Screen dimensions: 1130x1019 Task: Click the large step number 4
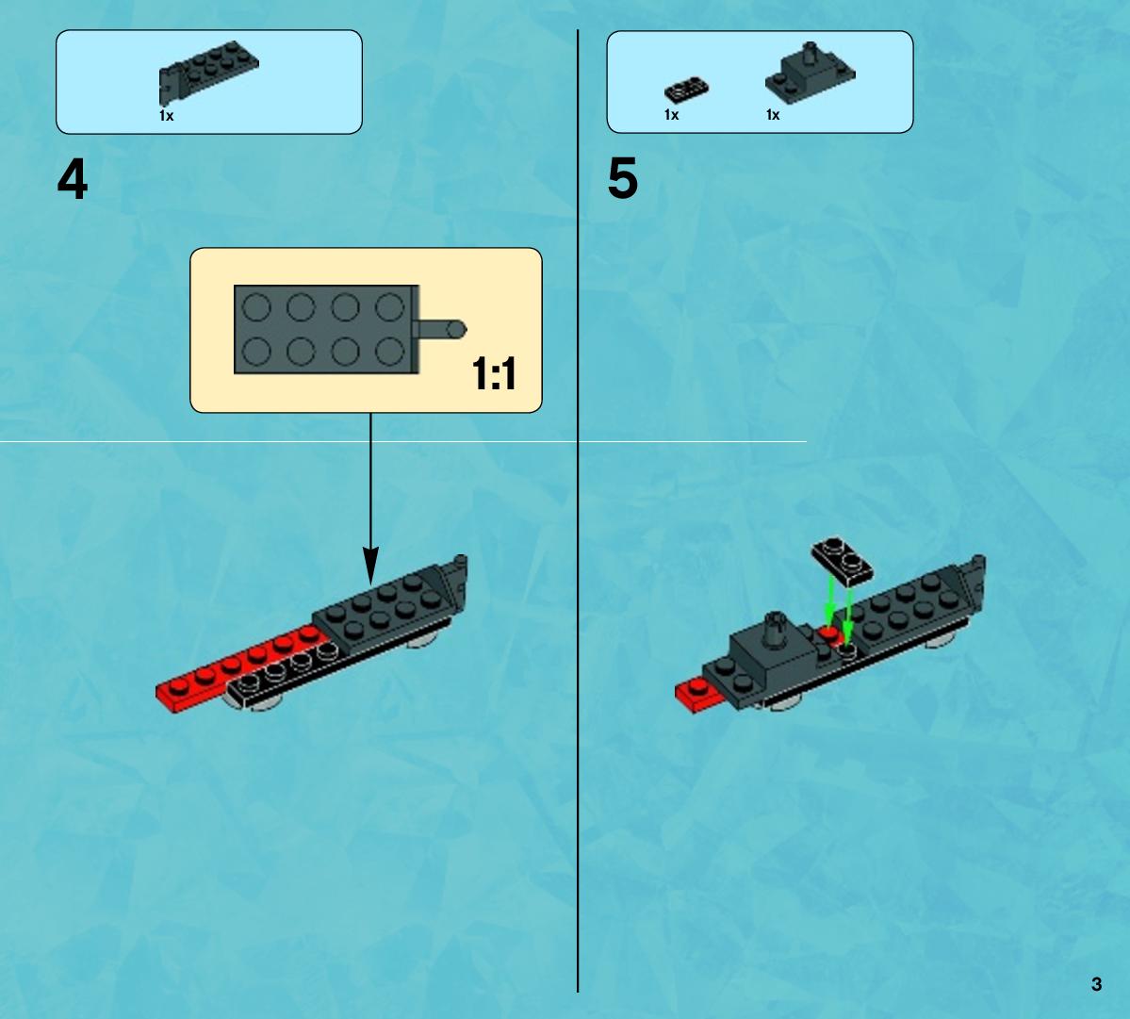coord(72,179)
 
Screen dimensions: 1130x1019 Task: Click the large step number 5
coord(623,179)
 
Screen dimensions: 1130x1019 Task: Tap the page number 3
coord(1096,984)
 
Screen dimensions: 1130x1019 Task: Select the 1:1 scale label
coord(495,373)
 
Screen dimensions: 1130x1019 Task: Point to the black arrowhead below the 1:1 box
coord(370,566)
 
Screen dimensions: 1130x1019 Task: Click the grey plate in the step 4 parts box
coord(207,71)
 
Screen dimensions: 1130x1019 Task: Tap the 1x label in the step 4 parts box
coord(167,115)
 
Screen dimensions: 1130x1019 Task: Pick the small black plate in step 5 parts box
coord(686,90)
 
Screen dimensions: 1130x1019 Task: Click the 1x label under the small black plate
coord(672,115)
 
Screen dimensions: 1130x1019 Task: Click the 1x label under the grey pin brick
coord(773,115)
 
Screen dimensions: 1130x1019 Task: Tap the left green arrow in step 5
coord(830,600)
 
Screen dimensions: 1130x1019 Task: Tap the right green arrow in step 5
coord(848,613)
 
